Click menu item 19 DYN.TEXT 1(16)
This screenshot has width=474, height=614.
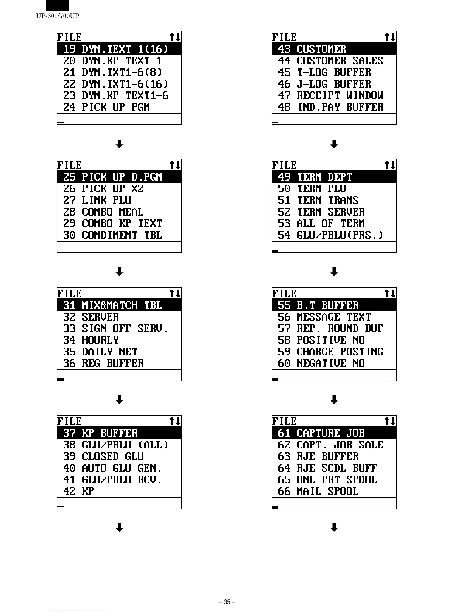pos(116,49)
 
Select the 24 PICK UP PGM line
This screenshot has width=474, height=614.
pos(106,107)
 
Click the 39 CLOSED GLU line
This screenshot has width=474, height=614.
pos(103,457)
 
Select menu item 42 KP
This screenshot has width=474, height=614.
pos(79,492)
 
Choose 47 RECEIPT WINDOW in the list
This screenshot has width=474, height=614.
pos(330,96)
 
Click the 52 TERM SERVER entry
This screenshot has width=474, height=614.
pos(321,212)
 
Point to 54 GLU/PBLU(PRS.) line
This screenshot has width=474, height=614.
pos(330,235)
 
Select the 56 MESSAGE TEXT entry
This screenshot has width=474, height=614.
pos(324,317)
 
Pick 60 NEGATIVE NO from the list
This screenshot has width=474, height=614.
pos(321,364)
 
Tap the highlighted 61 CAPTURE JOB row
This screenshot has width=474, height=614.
pos(321,433)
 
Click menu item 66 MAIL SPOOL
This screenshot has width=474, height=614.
pos(318,492)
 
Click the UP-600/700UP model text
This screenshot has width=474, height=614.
pos(58,16)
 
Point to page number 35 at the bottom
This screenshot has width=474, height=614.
pos(227,602)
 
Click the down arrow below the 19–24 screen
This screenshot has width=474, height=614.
pos(120,144)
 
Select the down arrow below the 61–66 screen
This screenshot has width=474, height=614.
pos(334,528)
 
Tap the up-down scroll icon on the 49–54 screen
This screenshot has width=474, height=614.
pos(390,166)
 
